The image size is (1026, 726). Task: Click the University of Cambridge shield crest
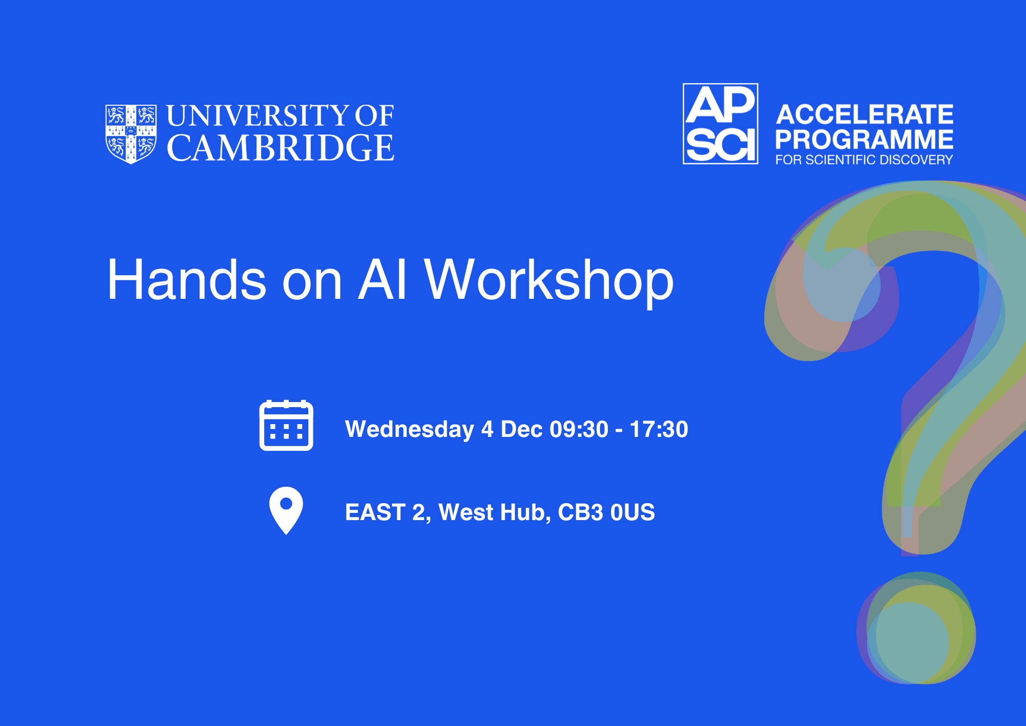click(x=131, y=134)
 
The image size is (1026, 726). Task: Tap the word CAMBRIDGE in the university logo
click(x=281, y=148)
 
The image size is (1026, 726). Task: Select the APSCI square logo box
click(x=720, y=124)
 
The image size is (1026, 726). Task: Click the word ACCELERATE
click(x=864, y=114)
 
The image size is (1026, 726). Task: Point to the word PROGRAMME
click(x=864, y=139)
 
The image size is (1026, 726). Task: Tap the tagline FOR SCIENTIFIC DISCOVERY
click(x=864, y=160)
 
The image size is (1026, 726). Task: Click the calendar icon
click(x=286, y=425)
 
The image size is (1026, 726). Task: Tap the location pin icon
click(x=286, y=510)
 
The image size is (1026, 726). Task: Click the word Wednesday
click(x=409, y=430)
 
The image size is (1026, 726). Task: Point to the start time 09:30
click(x=579, y=429)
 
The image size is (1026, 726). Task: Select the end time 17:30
click(x=659, y=429)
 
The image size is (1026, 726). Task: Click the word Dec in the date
click(x=522, y=429)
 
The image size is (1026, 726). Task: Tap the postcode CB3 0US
click(x=606, y=512)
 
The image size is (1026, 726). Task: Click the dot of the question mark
click(x=916, y=628)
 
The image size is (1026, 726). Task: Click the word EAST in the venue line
click(x=376, y=512)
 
